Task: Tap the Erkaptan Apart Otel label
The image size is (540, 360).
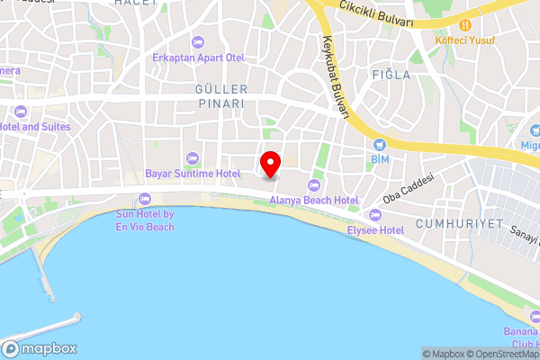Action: coord(198,58)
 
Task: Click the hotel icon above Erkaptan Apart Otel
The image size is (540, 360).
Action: coord(198,42)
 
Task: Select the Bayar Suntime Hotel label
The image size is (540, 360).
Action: coord(192,173)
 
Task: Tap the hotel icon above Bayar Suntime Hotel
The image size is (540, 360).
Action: coord(192,158)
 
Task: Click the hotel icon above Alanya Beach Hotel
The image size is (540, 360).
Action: coord(314,184)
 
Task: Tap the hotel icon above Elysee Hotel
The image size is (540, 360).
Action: coord(375,215)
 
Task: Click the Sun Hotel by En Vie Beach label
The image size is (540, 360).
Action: coord(145,220)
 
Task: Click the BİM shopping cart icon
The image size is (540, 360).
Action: coord(379,144)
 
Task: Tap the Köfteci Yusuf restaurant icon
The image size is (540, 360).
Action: coord(465,24)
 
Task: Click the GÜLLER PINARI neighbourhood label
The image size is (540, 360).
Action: coord(220,96)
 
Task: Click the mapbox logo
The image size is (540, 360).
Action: coord(40,349)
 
